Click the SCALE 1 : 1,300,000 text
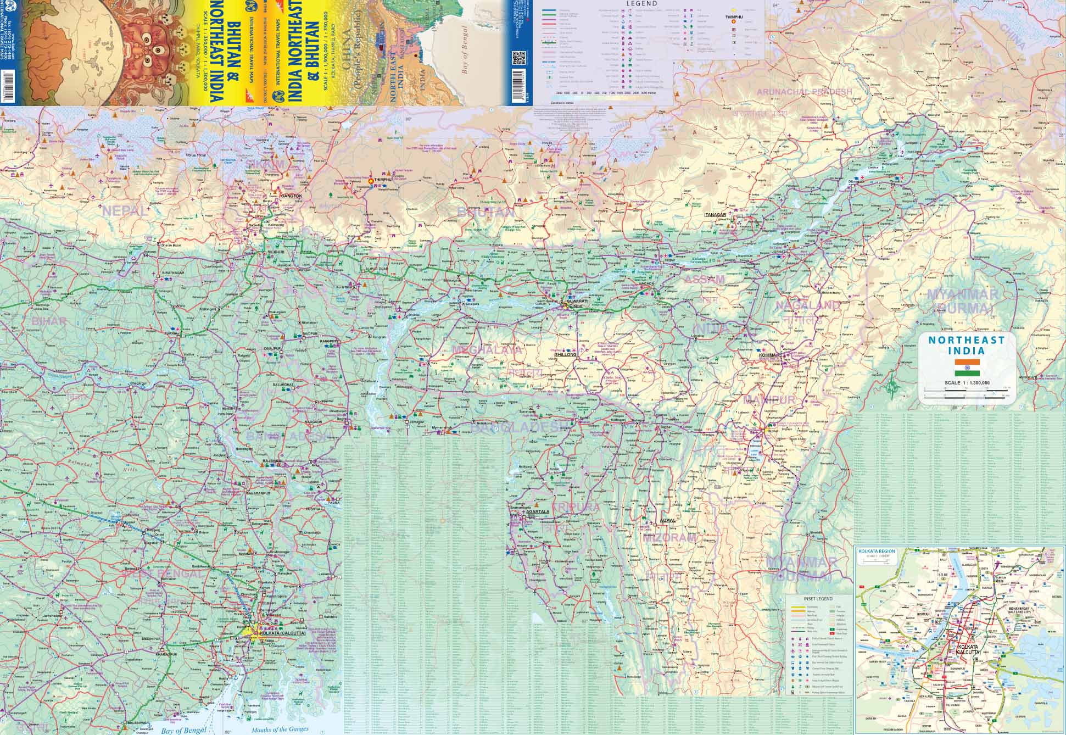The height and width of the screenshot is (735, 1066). coord(967,383)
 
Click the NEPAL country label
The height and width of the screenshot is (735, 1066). coord(125,210)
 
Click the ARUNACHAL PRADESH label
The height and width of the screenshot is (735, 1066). coord(805,92)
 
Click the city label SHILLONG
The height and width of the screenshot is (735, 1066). coord(566,355)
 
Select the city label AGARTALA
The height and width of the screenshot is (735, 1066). coord(538,511)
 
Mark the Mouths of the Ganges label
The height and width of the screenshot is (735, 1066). coord(280,730)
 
